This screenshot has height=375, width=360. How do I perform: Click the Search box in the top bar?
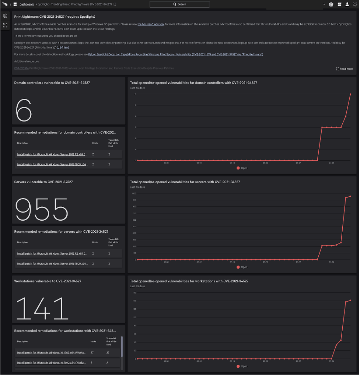tap(179, 4)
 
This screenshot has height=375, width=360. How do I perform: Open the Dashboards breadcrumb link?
tap(27, 4)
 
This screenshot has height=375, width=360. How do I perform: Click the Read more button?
tap(344, 69)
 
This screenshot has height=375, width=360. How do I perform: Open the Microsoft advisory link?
tap(151, 24)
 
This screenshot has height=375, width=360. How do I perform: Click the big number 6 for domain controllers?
tap(24, 110)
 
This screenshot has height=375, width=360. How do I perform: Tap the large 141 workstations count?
tap(42, 308)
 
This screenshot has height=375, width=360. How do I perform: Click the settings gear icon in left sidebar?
tap(5, 16)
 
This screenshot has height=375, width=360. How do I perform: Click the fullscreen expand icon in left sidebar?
tap(5, 25)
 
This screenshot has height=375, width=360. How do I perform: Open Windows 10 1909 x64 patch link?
tap(52, 353)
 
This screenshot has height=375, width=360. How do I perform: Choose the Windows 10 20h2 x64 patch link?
tap(52, 363)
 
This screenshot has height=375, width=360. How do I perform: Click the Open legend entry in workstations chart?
tap(242, 366)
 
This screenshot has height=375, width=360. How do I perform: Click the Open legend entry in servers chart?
tap(242, 267)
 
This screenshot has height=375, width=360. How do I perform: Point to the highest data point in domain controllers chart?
tap(350, 94)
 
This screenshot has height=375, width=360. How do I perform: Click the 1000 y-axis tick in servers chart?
tap(134, 193)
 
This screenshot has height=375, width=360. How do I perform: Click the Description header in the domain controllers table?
tap(22, 143)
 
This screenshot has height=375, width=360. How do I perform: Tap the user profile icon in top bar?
tap(347, 4)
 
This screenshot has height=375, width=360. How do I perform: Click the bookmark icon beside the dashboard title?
tap(115, 4)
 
